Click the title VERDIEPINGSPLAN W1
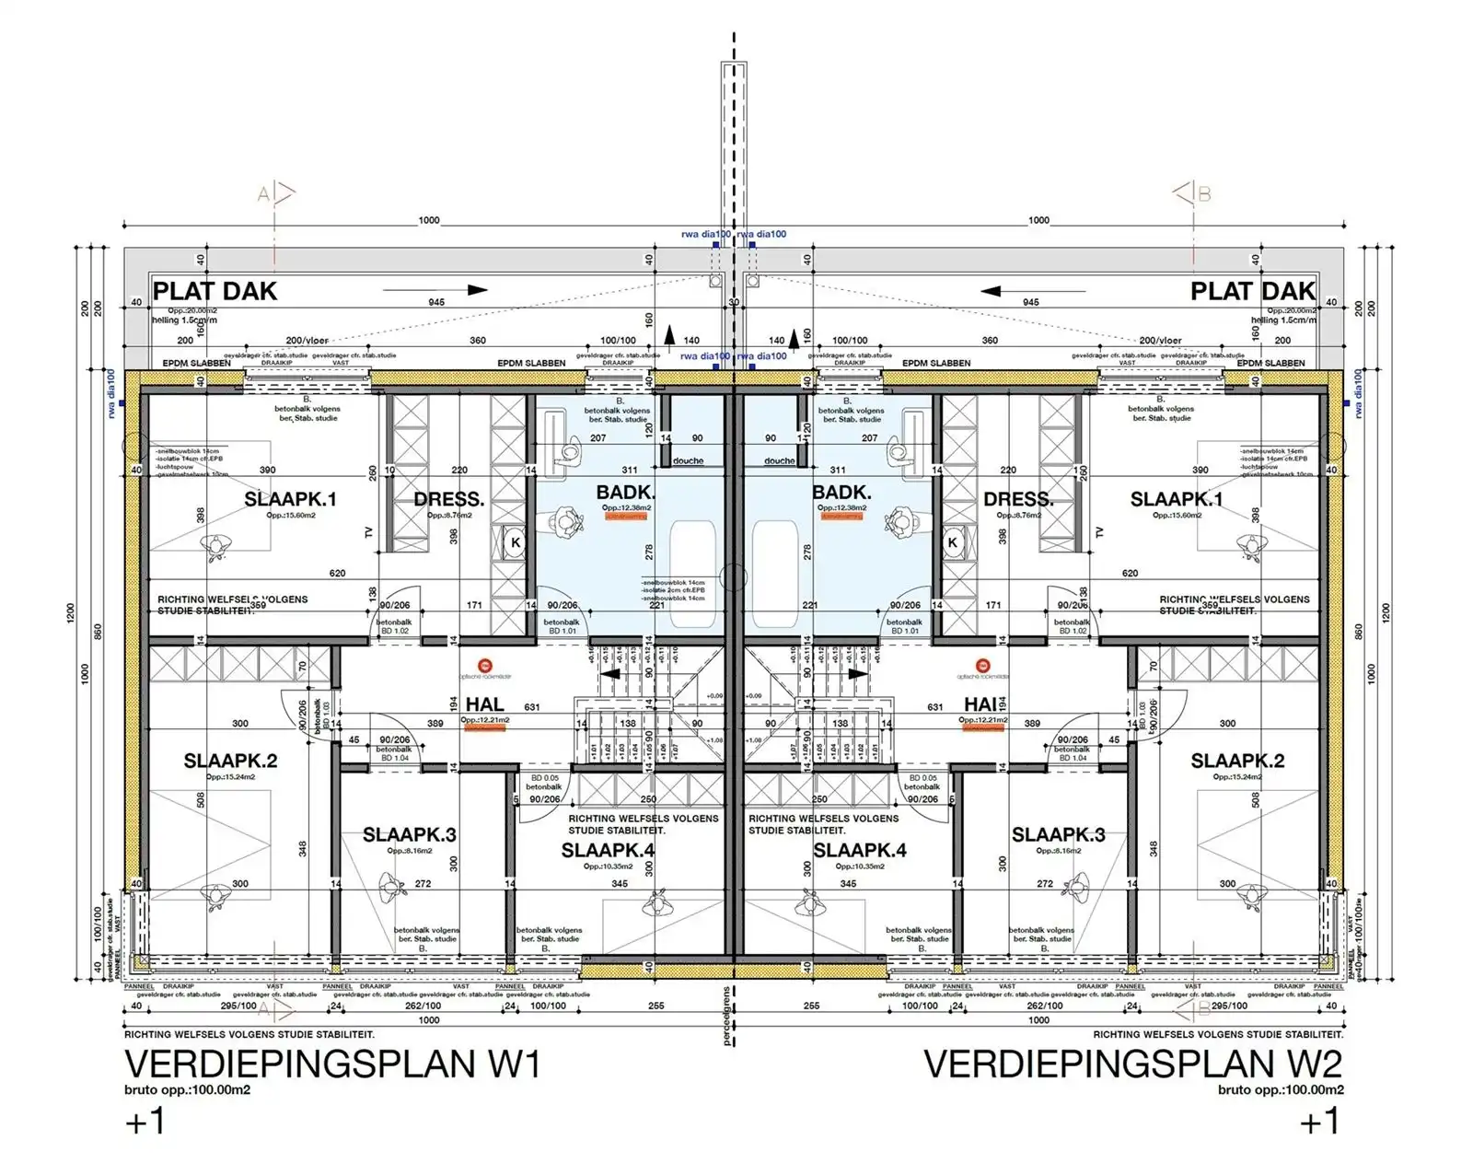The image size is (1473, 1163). (x=331, y=1064)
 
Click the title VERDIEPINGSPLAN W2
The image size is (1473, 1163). (x=1132, y=1064)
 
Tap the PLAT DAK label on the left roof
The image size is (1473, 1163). (x=215, y=291)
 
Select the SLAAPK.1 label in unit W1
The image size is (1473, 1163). (x=290, y=499)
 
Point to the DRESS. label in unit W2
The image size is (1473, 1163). (x=1018, y=499)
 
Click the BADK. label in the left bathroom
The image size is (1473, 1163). (x=625, y=493)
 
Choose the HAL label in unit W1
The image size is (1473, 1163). (x=484, y=705)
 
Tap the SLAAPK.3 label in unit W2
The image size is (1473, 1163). (x=1058, y=834)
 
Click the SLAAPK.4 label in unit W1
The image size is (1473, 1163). (x=608, y=850)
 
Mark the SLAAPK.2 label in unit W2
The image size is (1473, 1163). (x=1237, y=761)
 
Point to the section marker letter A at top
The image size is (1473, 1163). (x=264, y=194)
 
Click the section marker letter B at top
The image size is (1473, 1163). (x=1203, y=194)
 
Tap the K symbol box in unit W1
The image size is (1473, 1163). (x=516, y=542)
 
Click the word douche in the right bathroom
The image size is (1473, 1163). (x=779, y=460)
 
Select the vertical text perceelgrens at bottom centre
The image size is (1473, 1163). (x=726, y=1018)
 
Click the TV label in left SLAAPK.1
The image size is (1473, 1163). (x=369, y=532)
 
